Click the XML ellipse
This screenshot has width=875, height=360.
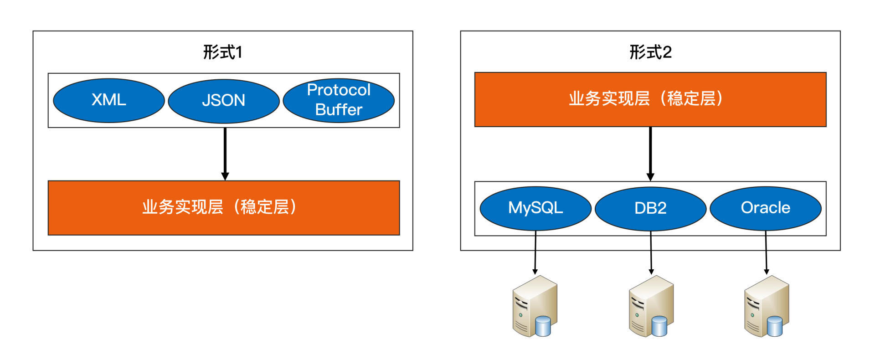(x=108, y=100)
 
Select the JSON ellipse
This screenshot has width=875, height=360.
(x=223, y=101)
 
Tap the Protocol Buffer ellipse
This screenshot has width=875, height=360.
(x=339, y=100)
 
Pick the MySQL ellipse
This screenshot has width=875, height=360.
(x=535, y=208)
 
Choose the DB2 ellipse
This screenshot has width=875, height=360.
(x=650, y=208)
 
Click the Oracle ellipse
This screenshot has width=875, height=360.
(x=766, y=208)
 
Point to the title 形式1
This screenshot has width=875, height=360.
(x=222, y=52)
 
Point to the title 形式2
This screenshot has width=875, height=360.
(x=650, y=52)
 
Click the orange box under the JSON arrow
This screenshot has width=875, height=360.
(x=223, y=208)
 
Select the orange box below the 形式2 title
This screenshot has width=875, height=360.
(x=650, y=99)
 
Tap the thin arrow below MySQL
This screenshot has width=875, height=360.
(x=535, y=253)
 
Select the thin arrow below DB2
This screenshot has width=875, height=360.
(x=651, y=253)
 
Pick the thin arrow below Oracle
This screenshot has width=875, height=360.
(x=766, y=253)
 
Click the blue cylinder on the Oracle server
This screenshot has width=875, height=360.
(x=774, y=326)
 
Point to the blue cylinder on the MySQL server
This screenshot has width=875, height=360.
(x=543, y=326)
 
